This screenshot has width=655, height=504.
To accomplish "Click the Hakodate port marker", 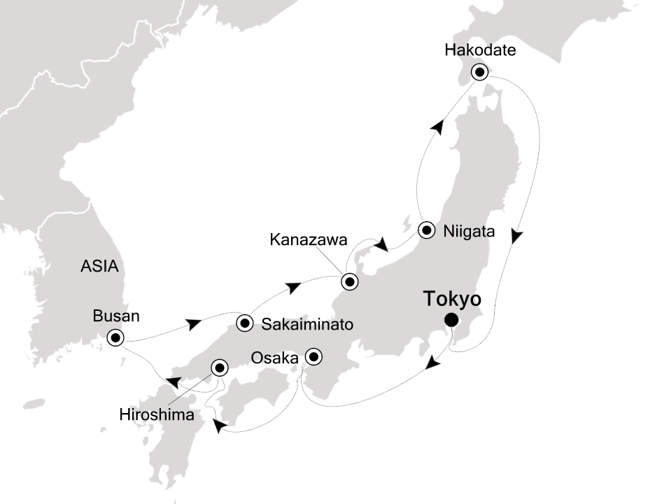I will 479,71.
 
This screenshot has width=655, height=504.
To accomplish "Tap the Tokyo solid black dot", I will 451,321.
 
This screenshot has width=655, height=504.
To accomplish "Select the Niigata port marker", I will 427,230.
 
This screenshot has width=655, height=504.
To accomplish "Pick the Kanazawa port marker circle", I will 348,282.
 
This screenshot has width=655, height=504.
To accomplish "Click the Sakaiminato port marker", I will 244,323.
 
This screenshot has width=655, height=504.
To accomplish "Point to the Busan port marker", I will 115,338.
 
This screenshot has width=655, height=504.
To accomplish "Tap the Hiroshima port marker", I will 219,366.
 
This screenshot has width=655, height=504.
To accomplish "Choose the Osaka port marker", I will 314,357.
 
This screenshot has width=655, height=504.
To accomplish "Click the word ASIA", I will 99,267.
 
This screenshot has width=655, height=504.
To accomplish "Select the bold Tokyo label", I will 452,300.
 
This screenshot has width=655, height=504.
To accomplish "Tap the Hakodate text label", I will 479,50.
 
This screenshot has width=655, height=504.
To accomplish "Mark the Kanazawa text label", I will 309,241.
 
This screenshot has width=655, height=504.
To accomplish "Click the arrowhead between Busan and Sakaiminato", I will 195,324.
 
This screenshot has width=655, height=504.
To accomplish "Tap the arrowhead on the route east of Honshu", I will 516,237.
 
